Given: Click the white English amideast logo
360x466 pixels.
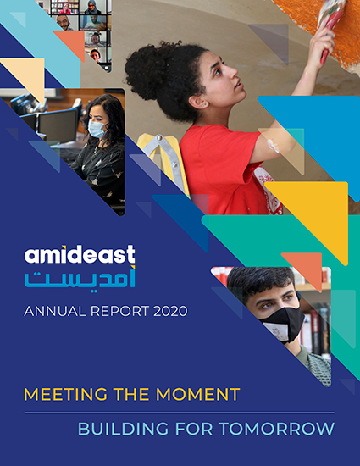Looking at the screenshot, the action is pyautogui.click(x=80, y=254).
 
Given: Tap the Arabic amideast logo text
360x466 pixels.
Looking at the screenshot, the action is pyautogui.click(x=80, y=279).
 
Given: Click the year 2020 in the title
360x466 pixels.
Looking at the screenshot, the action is pyautogui.click(x=170, y=311).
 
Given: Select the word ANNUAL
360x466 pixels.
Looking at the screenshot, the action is pyautogui.click(x=55, y=311).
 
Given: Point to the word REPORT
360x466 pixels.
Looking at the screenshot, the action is pyautogui.click(x=119, y=311).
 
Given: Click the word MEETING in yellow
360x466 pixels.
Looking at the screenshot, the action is pyautogui.click(x=65, y=394).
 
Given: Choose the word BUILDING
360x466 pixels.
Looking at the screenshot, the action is pyautogui.click(x=125, y=429).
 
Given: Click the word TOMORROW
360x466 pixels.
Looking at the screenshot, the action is pyautogui.click(x=276, y=429).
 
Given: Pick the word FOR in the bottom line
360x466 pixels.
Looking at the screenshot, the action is pyautogui.click(x=194, y=429).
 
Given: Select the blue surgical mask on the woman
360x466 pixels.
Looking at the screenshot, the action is pyautogui.click(x=97, y=129).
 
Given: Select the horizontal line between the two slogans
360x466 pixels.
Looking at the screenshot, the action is pyautogui.click(x=179, y=413).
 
